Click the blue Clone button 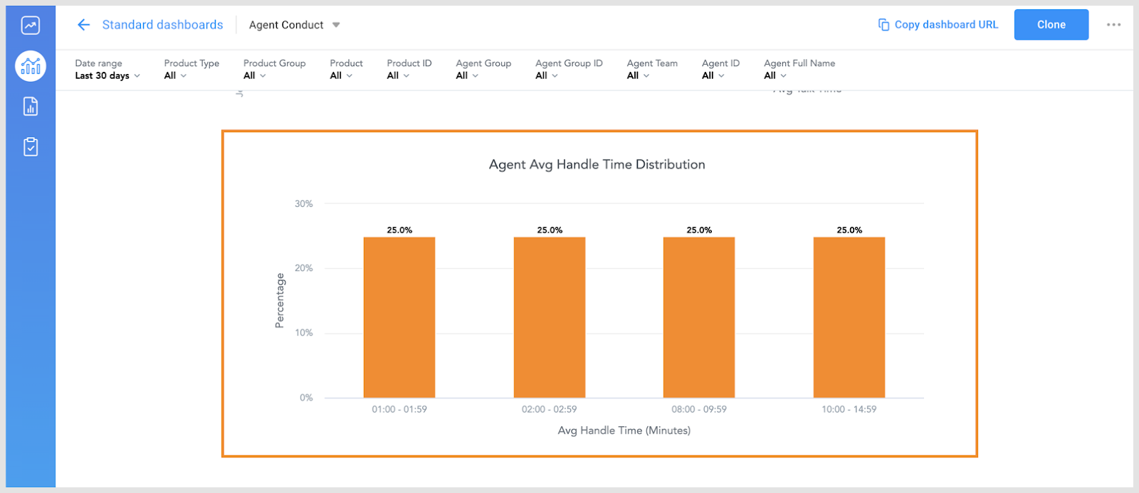pos(1051,25)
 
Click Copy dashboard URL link pos(938,25)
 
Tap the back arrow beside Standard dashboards pos(83,25)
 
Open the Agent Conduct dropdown pos(294,25)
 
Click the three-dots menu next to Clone pos(1113,25)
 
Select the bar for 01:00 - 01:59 pos(399,317)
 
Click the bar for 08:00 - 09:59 pos(699,317)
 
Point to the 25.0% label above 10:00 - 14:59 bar pos(849,230)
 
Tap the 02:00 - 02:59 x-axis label pos(549,409)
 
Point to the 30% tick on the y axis pos(304,203)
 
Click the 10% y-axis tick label pos(304,333)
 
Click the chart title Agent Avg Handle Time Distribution pos(597,164)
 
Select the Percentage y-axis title pos(280,300)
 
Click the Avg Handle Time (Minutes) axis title pos(624,430)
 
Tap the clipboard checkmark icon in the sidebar pos(31,147)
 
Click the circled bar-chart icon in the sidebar pos(31,66)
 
